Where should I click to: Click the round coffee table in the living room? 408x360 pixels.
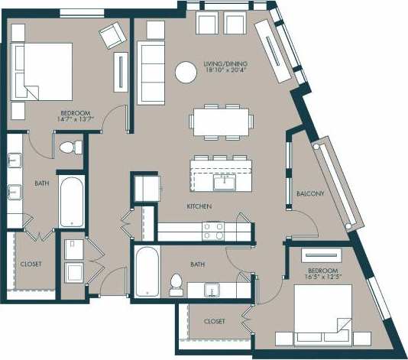pos(186,72)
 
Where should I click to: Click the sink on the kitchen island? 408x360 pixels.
pos(225,182)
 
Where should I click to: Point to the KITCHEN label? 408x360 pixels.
pos(199,207)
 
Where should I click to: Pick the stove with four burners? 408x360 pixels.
pos(213,231)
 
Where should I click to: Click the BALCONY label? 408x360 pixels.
pos(310,193)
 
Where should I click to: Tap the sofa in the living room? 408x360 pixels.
pos(151,73)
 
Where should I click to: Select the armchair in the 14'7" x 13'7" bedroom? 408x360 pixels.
pos(112,34)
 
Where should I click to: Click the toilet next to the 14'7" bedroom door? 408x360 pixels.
pos(69,145)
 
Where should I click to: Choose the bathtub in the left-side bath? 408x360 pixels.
pos(72,202)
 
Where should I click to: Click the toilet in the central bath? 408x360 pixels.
pos(175,284)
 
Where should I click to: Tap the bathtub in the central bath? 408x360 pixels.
pos(146,271)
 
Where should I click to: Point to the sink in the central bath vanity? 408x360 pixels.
pos(213,289)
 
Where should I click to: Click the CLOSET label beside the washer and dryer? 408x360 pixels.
pos(31,264)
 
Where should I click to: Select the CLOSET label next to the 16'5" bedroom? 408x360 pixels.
pos(215,322)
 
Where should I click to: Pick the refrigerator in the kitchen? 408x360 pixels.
pos(145,187)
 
